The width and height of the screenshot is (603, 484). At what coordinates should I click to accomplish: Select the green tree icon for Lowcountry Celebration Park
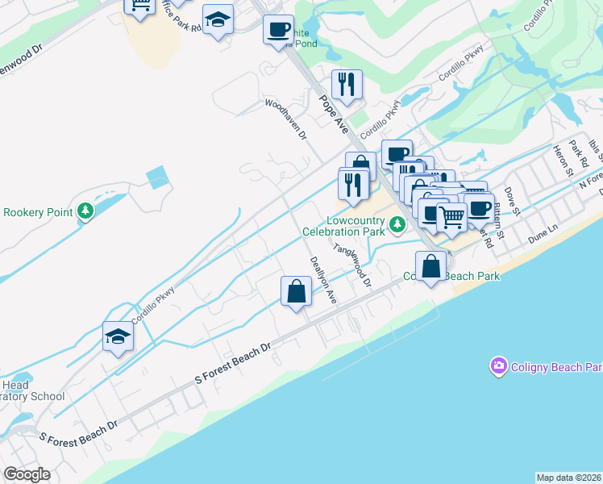point(397,226)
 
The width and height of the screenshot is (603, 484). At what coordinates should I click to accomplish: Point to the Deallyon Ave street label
point(321,280)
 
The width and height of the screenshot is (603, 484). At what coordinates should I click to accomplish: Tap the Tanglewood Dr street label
point(352,266)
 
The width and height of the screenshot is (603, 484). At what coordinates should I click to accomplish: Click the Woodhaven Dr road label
point(287,119)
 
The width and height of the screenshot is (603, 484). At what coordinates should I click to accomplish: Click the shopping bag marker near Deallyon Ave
point(297,291)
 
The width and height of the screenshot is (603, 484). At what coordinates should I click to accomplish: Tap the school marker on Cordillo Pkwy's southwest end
point(118,337)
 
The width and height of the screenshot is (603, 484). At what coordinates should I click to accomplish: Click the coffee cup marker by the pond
point(278,31)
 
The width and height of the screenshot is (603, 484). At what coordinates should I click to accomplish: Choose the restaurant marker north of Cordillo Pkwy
point(347,84)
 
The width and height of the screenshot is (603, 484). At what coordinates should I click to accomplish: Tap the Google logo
point(27,474)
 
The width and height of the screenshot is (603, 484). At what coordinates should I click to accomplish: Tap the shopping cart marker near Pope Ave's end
point(451,217)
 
